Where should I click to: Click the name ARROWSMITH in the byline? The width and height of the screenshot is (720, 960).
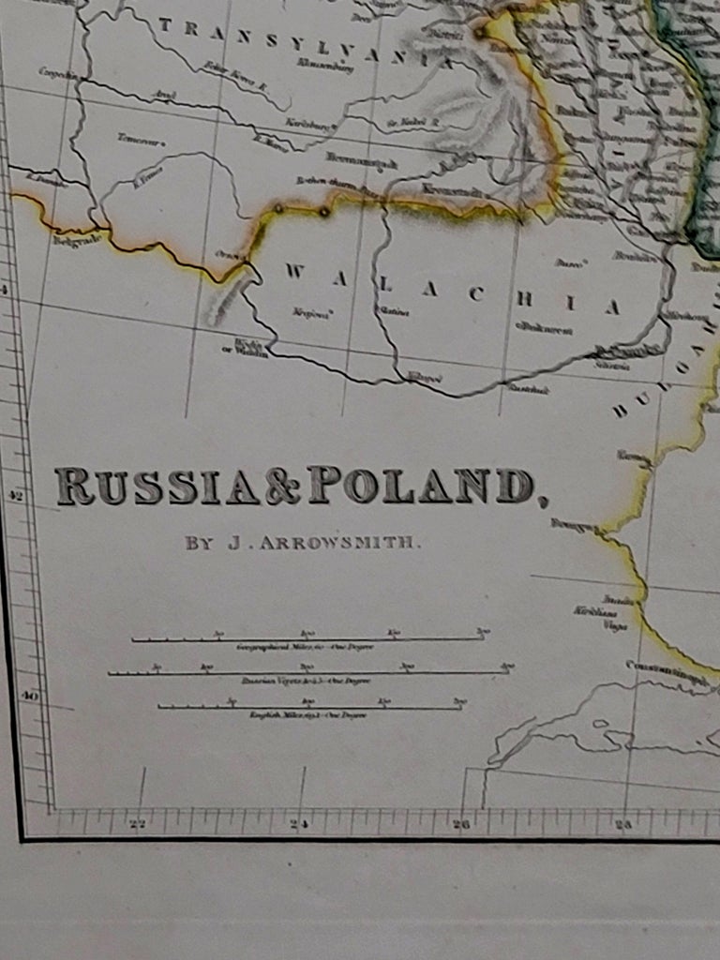(x=340, y=543)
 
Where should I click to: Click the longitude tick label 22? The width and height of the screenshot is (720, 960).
(x=139, y=825)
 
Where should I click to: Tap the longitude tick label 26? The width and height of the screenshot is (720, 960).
(x=461, y=825)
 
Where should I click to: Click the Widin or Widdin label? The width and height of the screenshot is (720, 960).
(x=251, y=348)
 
